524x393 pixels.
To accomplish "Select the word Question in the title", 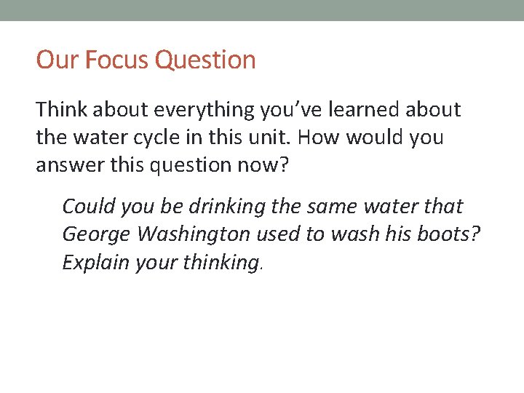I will coord(206,60).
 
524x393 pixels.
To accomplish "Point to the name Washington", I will coord(198,234).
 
